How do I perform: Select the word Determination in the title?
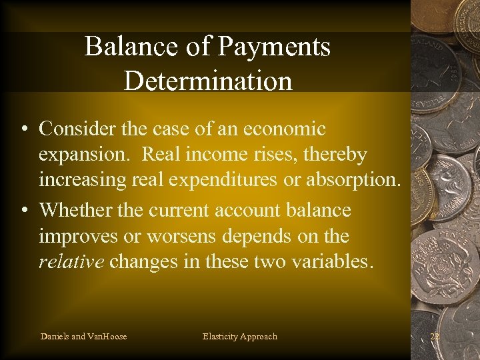[208, 81]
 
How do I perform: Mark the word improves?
[79, 237]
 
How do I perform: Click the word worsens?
[176, 237]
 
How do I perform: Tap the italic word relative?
[71, 261]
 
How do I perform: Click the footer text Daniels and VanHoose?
[83, 336]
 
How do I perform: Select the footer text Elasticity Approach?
[239, 336]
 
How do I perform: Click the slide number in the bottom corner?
[435, 336]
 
